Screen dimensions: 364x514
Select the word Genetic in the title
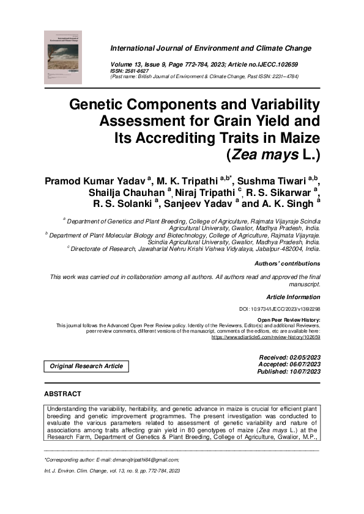100,104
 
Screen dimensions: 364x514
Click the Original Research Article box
86,366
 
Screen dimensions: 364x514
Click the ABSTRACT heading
62,394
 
